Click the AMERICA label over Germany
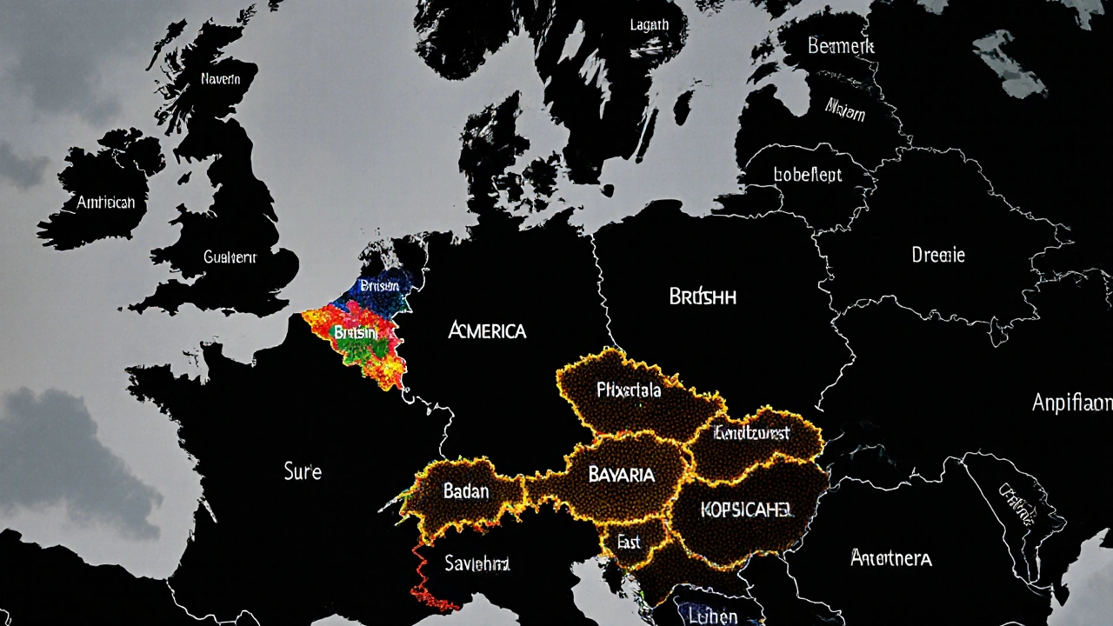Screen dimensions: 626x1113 click(x=487, y=331)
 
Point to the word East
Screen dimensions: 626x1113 click(x=628, y=542)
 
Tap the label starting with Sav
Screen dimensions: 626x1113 click(x=477, y=563)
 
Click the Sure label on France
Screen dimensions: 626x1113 click(x=303, y=472)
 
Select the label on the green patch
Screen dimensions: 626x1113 click(x=356, y=332)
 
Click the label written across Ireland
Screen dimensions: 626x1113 click(x=106, y=202)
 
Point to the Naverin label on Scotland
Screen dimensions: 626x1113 click(x=221, y=79)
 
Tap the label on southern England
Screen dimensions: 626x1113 click(x=230, y=256)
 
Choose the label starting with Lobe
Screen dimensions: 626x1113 click(x=808, y=175)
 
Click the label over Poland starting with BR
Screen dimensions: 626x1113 click(x=703, y=296)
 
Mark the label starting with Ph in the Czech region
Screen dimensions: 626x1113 click(x=629, y=390)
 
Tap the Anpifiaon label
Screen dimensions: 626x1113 click(x=1071, y=402)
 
